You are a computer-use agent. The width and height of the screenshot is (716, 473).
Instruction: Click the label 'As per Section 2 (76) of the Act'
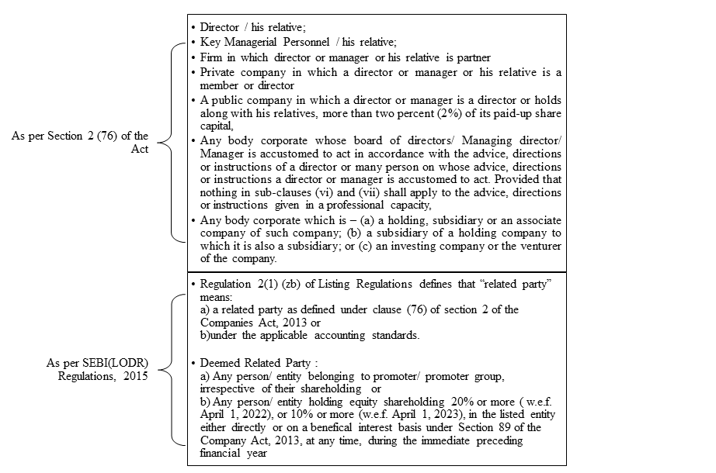point(79,142)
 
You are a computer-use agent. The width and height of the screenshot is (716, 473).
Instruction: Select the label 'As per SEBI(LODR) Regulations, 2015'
point(97,369)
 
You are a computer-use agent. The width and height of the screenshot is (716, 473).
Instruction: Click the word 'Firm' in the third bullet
point(213,58)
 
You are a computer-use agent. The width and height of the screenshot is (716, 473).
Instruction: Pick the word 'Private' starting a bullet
point(218,72)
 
